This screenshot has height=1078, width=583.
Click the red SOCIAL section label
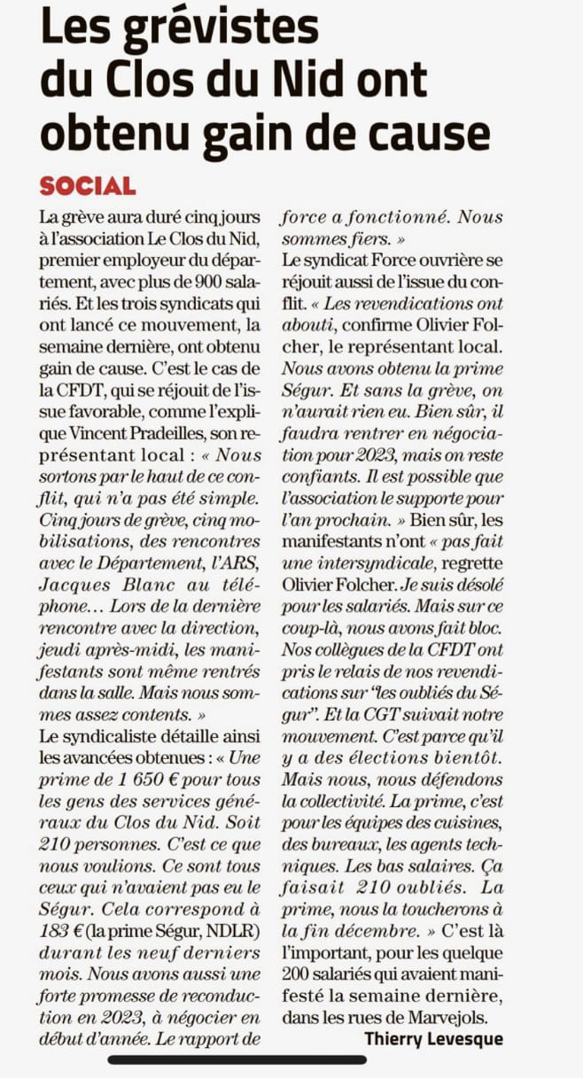pos(88,186)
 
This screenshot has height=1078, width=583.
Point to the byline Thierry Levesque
pos(433,1038)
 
